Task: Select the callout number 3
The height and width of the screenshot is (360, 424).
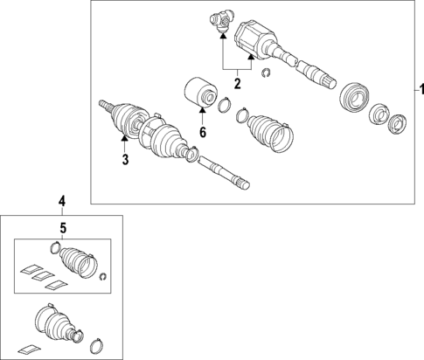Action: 125,159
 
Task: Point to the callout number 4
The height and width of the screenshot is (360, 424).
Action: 62,202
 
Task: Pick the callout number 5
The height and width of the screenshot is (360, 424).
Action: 62,230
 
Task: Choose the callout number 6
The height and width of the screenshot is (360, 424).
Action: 202,133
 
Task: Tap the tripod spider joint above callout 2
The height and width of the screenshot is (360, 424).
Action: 222,20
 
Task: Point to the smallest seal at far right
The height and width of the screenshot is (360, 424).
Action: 399,123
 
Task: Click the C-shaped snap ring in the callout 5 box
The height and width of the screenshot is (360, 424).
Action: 103,278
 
